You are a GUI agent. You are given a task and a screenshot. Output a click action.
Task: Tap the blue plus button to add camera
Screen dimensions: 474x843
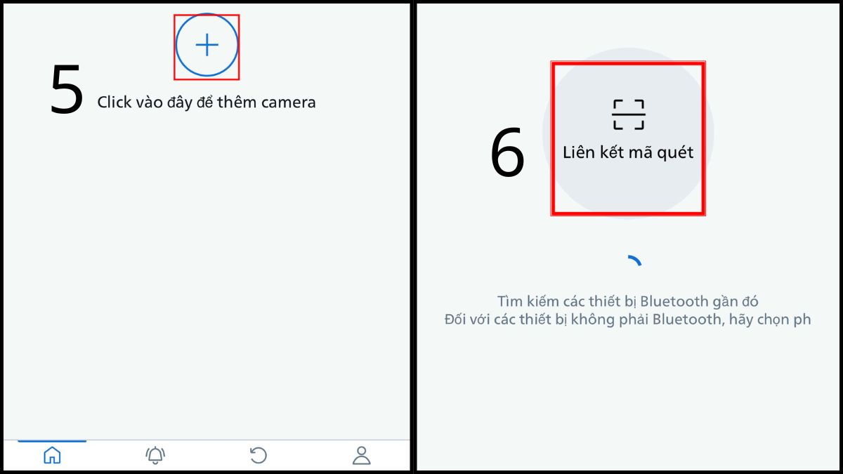(x=207, y=46)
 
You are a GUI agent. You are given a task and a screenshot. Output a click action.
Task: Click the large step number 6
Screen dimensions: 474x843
(x=507, y=153)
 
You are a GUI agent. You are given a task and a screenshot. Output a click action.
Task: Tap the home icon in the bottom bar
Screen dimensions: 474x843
(x=52, y=456)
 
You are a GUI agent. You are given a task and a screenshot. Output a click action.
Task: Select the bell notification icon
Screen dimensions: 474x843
(x=155, y=456)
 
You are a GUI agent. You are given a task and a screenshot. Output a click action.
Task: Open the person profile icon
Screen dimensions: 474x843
(x=361, y=456)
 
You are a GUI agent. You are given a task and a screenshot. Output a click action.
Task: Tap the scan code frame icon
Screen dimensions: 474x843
(x=628, y=114)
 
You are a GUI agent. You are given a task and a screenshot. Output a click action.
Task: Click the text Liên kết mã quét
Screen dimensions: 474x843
(x=628, y=152)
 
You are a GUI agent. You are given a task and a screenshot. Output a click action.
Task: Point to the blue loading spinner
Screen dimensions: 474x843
(x=634, y=261)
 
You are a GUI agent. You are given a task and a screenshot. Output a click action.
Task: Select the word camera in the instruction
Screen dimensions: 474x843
(x=288, y=103)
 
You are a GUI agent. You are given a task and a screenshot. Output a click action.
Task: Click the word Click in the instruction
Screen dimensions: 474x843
(x=114, y=103)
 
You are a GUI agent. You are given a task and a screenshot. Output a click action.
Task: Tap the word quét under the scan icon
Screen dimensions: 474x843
(x=675, y=152)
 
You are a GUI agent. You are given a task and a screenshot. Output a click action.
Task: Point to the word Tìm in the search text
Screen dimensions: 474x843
(x=509, y=301)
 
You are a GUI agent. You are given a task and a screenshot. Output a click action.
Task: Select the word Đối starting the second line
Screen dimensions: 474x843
(x=457, y=320)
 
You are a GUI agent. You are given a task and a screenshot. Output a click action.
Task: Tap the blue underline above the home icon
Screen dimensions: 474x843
(x=52, y=441)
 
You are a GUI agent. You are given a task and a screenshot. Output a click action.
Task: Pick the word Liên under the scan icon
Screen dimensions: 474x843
(x=579, y=152)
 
